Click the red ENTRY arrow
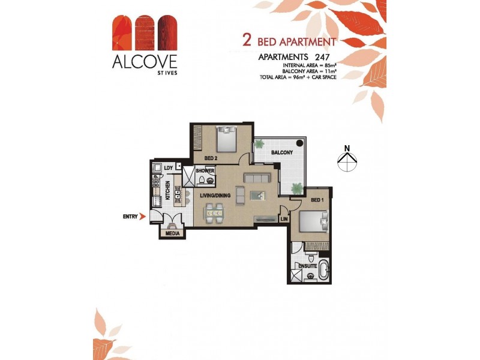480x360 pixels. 142,217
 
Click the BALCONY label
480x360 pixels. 281,153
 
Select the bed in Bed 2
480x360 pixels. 227,139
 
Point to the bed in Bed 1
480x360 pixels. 315,222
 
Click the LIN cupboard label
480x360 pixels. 284,220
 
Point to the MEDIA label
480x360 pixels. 173,233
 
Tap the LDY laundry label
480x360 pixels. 169,167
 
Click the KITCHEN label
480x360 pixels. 168,191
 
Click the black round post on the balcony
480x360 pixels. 303,143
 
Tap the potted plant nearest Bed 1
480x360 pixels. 296,188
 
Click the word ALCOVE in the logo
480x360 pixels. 143,61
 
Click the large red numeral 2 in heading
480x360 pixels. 246,41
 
